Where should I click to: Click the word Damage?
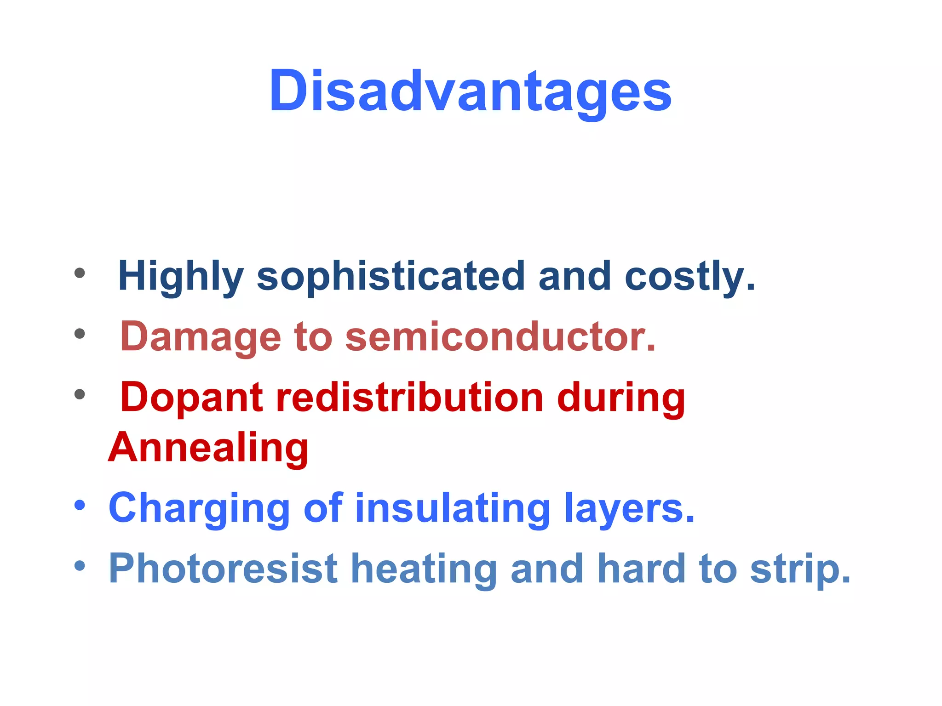coord(201,337)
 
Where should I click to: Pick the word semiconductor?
coord(500,337)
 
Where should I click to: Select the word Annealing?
coord(208,448)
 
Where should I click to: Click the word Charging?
coord(199,508)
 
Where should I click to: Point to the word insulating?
coord(453,508)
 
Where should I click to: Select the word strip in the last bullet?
coord(800,569)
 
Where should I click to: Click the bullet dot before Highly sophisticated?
coord(80,273)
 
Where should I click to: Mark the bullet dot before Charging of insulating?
coord(80,506)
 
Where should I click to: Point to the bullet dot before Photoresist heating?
coord(80,566)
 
